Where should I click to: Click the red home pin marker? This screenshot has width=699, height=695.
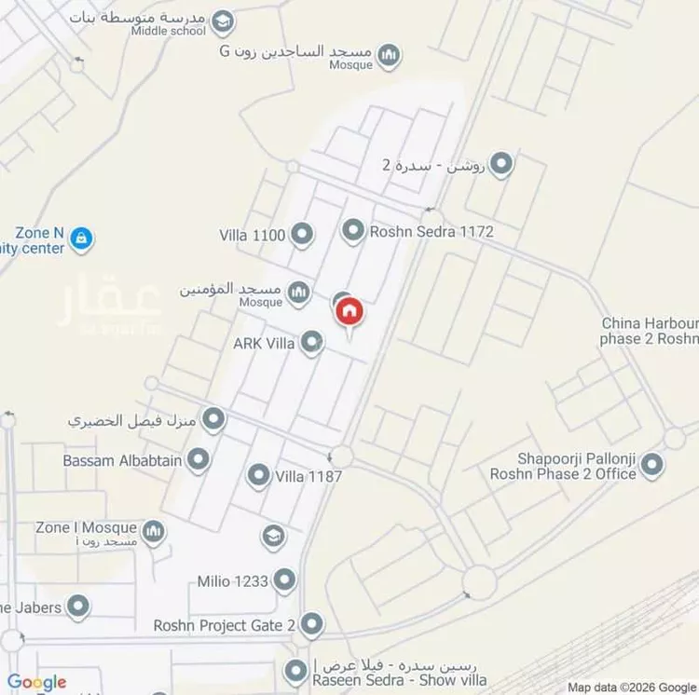coord(349,311)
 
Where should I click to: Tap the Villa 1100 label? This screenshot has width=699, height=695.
coord(252,235)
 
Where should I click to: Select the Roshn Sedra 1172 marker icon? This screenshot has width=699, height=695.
coord(352,231)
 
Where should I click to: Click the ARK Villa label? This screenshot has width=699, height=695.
coord(264,344)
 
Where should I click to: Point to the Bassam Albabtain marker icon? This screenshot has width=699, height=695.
coord(198,459)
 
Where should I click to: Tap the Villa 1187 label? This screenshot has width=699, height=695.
coord(308,477)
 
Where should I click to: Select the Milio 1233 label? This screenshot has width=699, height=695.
coord(233,581)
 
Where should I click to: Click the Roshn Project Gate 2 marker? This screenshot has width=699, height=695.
coord(311,624)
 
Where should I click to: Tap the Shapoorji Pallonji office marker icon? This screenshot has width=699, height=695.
coord(652,463)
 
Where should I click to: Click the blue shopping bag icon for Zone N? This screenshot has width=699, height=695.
coord(82,238)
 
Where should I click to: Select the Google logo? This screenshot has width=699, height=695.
coord(37,682)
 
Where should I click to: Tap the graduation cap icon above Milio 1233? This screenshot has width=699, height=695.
coord(272,536)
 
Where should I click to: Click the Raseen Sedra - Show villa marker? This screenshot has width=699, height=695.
coord(296,670)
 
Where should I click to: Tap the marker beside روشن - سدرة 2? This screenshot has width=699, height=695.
coord(501,165)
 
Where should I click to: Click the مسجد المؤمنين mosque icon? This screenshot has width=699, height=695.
coord(298,294)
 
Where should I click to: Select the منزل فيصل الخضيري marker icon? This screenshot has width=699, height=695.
coord(214,420)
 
